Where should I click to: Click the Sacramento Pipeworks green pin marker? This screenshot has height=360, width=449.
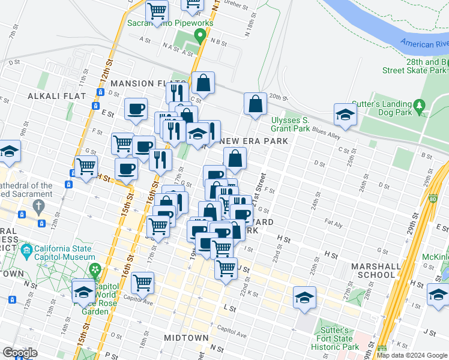pyautogui.click(x=202, y=37)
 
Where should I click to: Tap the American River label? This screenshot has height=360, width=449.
pyautogui.click(x=425, y=43)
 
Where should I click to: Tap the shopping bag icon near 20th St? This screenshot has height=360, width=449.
pyautogui.click(x=255, y=103)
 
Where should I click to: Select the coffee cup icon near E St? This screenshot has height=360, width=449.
pyautogui.click(x=136, y=109)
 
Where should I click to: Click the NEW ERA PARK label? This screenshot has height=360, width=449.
pyautogui.click(x=254, y=141)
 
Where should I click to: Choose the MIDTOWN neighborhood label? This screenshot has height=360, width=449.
pyautogui.click(x=186, y=338)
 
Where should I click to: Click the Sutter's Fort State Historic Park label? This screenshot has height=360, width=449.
pyautogui.click(x=338, y=339)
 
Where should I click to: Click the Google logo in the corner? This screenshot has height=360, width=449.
pyautogui.click(x=20, y=353)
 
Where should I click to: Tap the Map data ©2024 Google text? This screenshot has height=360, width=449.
pyautogui.click(x=412, y=355)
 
